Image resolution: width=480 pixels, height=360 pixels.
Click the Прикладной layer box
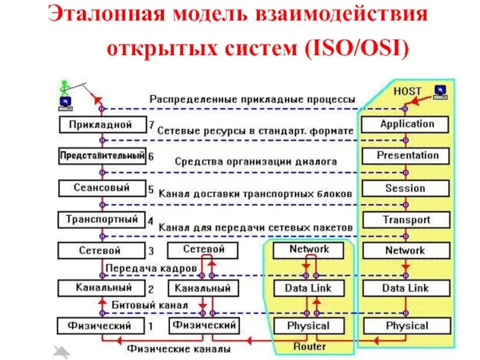[102, 125]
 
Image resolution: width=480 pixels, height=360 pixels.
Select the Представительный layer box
[102, 156]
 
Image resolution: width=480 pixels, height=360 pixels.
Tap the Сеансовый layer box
[102, 188]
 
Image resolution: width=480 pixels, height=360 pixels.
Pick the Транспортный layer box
[102, 220]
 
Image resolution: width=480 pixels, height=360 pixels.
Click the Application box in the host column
[406, 124]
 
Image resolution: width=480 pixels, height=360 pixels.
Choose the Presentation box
[406, 155]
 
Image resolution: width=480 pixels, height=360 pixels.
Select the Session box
[406, 188]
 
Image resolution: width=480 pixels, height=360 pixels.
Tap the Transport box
[406, 220]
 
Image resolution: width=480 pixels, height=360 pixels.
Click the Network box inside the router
[309, 250]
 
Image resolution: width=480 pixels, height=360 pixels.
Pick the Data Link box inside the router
[309, 288]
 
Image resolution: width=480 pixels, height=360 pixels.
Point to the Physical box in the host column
[406, 326]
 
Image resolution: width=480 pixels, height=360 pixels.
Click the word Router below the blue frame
[310, 347]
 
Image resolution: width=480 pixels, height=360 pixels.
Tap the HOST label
[407, 91]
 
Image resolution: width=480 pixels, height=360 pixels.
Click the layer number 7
[151, 125]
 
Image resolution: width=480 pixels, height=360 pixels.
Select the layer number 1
[151, 326]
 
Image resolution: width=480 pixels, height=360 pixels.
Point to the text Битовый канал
[150, 305]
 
